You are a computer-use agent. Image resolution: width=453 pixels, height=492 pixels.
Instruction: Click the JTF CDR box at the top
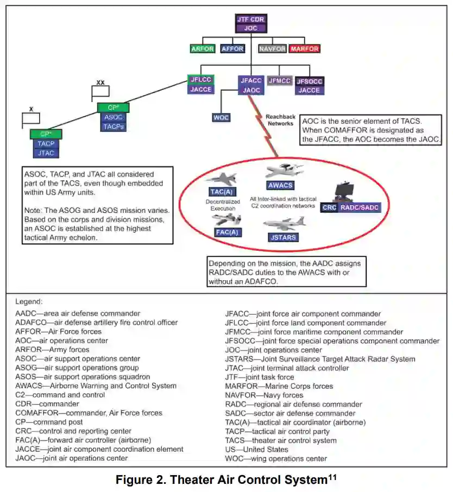coord(251,19)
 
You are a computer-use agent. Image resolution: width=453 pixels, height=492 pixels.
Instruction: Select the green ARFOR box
coord(203,49)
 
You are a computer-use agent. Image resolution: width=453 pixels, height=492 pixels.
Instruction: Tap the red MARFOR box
coord(304,49)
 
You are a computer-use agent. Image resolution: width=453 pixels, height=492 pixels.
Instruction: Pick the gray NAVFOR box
coord(273,49)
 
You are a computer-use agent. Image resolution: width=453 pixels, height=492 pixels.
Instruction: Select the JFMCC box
coord(280,81)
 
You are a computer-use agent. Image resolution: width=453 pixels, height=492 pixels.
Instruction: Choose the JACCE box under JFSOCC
coord(310,90)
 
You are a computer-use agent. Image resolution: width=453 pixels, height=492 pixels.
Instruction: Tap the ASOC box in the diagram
coord(114,117)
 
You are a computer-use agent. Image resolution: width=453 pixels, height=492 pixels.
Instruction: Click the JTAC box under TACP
coord(46,154)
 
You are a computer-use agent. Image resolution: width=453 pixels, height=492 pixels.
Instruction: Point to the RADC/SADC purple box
coord(361,207)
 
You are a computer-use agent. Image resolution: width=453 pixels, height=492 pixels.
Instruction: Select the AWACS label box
coord(280,185)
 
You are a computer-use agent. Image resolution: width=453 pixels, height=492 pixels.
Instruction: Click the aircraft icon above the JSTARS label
coord(284,224)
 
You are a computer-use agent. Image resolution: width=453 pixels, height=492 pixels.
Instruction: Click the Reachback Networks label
coord(280,119)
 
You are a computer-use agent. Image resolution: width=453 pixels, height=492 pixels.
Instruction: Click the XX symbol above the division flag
coord(100,83)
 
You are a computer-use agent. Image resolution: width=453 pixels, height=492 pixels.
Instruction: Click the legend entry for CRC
coord(66,431)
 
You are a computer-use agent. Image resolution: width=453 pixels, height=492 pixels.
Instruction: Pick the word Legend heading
coord(29,301)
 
